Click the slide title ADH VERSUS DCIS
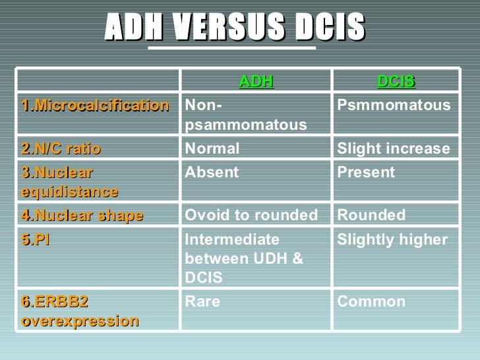point(234,27)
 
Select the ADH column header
point(255,81)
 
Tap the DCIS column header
point(396,81)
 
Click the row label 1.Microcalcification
point(94,105)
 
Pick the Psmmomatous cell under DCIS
point(394,105)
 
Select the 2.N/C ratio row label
point(61,149)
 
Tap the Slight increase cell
point(394,149)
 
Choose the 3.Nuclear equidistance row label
point(70,182)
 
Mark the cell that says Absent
point(211,173)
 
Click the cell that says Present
point(366,173)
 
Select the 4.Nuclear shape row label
point(82,215)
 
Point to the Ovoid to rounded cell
point(251,215)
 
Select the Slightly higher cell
point(392,239)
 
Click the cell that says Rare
point(202,302)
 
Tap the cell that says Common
point(371,302)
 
